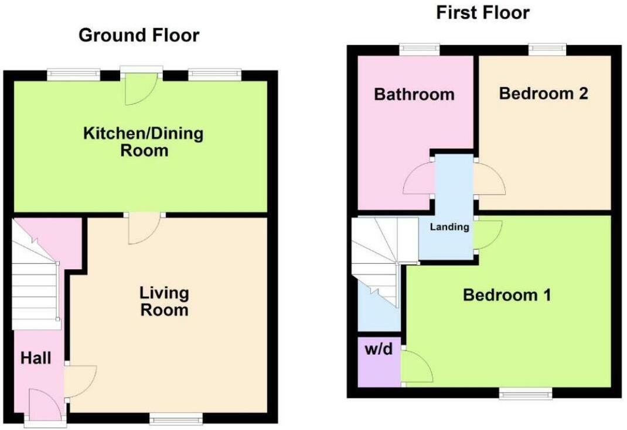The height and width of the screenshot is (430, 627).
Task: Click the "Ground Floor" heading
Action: (x=139, y=35)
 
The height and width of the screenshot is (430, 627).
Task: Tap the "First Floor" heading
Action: (x=483, y=12)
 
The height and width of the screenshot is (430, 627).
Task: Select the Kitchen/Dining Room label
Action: (x=144, y=142)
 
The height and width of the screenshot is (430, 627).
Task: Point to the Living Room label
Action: (x=164, y=301)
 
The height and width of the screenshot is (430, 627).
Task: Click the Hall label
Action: (x=36, y=358)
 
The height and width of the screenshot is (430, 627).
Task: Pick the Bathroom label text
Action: (x=414, y=94)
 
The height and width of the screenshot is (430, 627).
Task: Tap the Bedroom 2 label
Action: (x=543, y=94)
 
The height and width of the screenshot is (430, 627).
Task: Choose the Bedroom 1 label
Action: (x=507, y=295)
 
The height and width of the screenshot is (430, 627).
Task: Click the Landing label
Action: (x=449, y=227)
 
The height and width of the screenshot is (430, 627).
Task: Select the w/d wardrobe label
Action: (x=379, y=349)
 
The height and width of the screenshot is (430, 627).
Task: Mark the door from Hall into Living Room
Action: (x=80, y=381)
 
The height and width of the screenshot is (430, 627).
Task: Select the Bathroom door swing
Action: (x=419, y=178)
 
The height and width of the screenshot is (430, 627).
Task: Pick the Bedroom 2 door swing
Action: (x=489, y=178)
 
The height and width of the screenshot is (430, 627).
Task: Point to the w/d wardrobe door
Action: (x=417, y=366)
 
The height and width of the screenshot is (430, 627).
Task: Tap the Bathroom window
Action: (x=420, y=50)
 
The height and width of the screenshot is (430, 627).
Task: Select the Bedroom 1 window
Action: (x=526, y=393)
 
